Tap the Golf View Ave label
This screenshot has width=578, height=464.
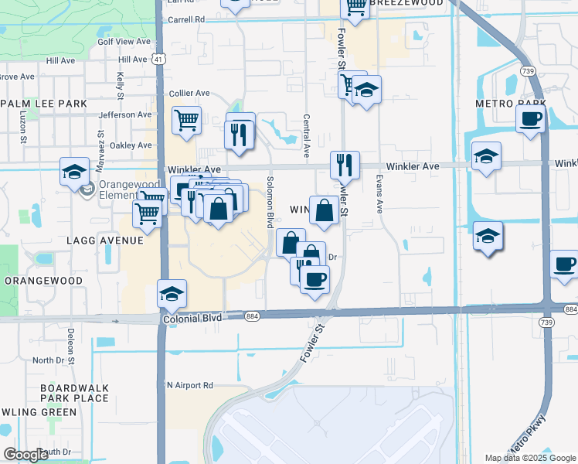(x=126, y=41)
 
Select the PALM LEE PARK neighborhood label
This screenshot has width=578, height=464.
(x=44, y=103)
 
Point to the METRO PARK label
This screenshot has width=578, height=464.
(x=500, y=103)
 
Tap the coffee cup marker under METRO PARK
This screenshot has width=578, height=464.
(x=531, y=119)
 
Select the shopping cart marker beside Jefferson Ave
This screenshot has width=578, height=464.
(x=186, y=121)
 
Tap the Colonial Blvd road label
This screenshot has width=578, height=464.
(x=192, y=318)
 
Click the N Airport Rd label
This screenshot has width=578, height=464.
(x=189, y=384)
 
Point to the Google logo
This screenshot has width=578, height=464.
(x=26, y=455)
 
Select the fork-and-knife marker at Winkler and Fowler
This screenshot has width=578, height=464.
(x=344, y=165)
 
